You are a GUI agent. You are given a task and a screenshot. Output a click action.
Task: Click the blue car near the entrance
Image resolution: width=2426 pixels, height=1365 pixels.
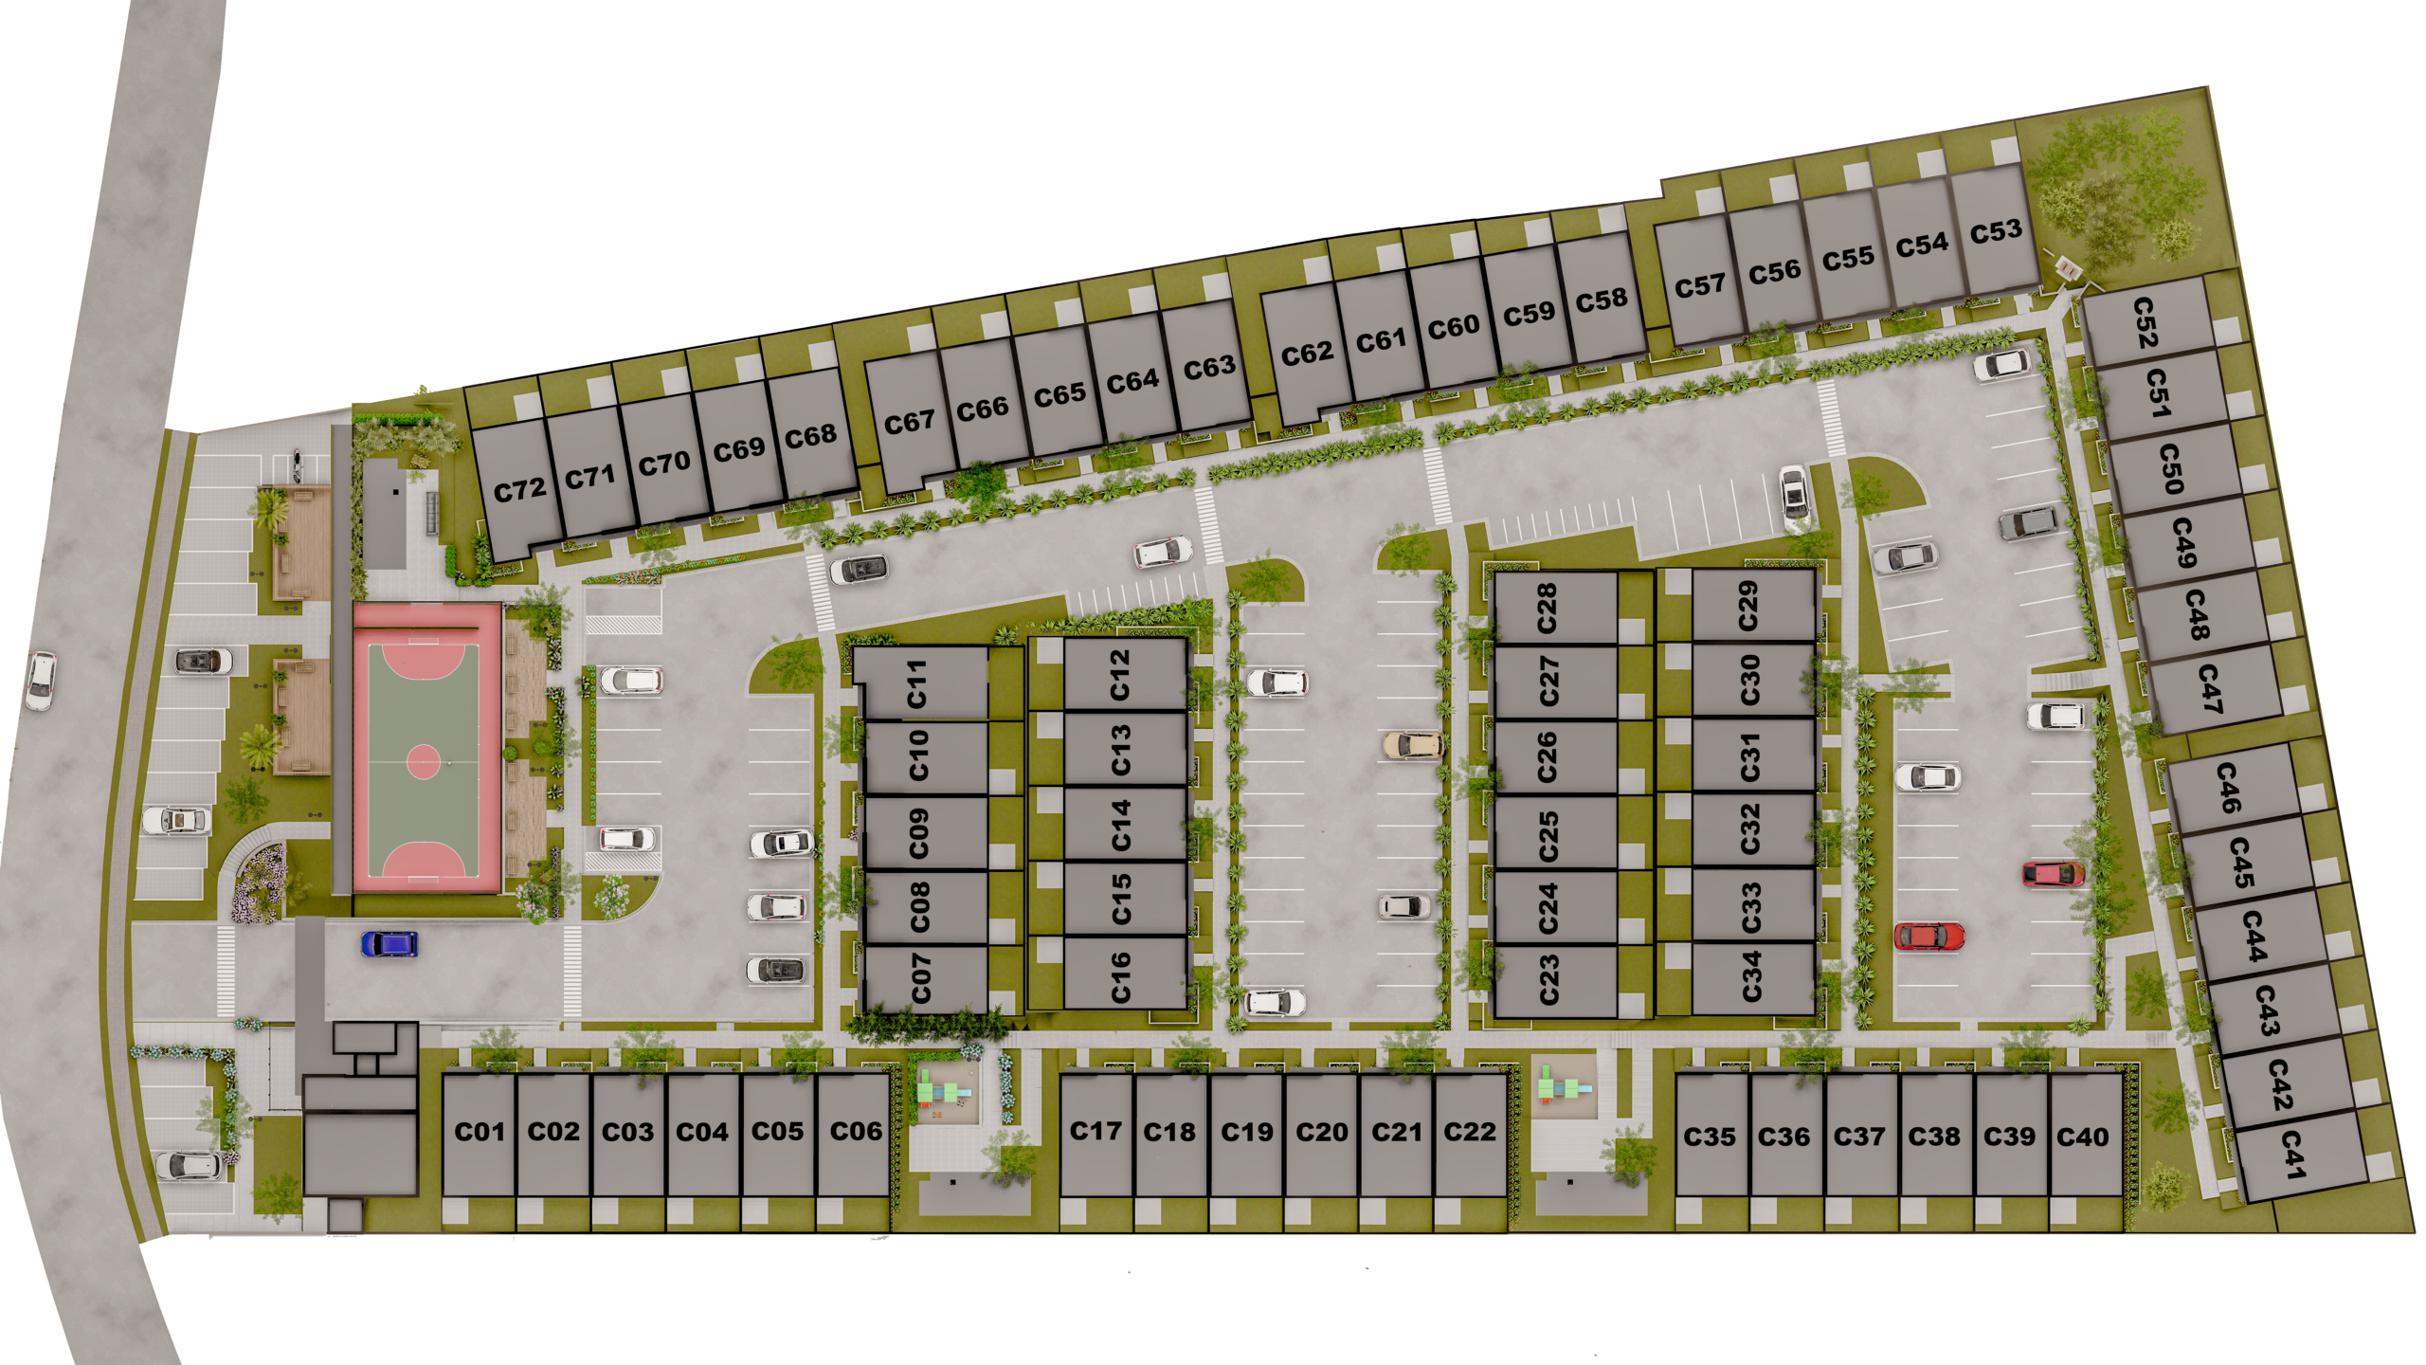point(389,944)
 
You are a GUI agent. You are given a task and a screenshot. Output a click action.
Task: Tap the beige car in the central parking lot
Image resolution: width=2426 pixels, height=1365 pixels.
point(1412,745)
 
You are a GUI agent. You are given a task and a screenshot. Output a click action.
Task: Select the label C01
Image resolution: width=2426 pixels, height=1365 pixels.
point(480,1132)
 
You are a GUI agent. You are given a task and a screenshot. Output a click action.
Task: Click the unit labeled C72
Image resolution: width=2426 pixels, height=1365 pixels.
point(519,490)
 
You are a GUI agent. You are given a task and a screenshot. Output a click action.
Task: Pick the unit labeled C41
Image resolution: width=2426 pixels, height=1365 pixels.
point(2291,1154)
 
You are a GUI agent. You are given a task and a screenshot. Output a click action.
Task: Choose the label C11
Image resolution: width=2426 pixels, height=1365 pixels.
point(915,684)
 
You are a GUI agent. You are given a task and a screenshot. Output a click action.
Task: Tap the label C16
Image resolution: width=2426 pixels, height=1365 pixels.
point(1120,977)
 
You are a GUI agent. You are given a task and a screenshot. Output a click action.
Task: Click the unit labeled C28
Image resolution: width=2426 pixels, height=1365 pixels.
point(1547,608)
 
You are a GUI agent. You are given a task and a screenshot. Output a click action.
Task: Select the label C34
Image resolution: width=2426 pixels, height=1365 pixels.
point(1751,975)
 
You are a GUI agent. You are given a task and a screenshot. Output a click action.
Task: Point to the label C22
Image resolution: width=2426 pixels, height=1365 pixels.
point(1469,1132)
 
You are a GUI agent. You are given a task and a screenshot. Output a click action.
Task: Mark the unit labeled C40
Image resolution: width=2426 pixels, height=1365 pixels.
point(2082,1137)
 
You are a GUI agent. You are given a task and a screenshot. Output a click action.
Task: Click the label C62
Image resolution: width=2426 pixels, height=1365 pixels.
point(1307,354)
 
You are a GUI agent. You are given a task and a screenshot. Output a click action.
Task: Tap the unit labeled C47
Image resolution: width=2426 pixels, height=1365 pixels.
point(2210,688)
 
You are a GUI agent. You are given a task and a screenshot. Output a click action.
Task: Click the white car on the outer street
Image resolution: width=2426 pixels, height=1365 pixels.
point(41,681)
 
